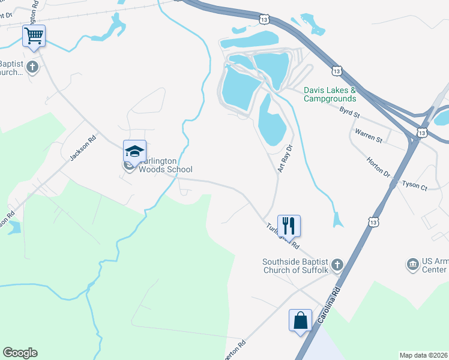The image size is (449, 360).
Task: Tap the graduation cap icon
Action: (x=134, y=151)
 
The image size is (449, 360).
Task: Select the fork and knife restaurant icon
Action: (x=289, y=226)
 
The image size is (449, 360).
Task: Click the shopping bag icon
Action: (x=300, y=320)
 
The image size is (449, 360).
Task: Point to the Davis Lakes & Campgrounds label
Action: (x=330, y=94)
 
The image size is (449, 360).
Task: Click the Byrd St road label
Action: (x=349, y=112)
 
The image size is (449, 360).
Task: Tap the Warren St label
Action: (x=369, y=135)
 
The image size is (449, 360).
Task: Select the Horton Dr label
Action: (x=378, y=167)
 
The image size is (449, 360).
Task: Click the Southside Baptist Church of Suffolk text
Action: (x=295, y=266)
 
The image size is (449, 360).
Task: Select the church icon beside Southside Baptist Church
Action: (x=337, y=265)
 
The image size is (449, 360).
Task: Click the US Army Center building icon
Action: (x=412, y=265)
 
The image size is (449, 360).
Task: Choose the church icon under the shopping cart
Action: (x=32, y=67)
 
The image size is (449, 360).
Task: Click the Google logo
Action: (x=20, y=353)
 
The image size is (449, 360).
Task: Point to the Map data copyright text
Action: (x=423, y=355)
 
